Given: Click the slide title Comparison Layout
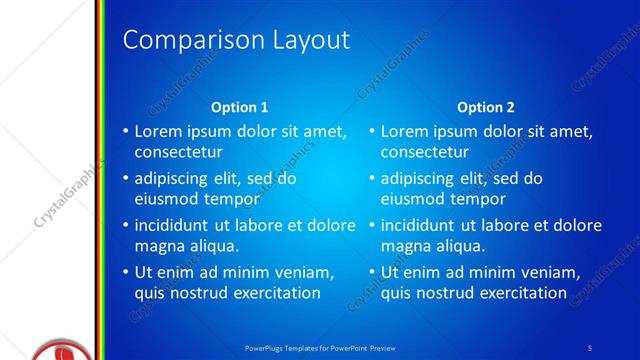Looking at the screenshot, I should point(236,40).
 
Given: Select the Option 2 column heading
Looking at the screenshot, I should point(486,107).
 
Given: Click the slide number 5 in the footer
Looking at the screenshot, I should point(590,347).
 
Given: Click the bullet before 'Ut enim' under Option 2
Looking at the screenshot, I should point(371,273).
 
